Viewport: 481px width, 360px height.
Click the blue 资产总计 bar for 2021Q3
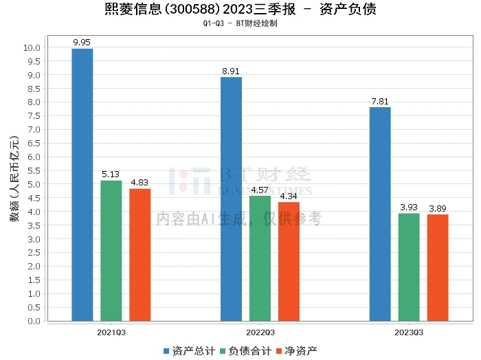[82, 185]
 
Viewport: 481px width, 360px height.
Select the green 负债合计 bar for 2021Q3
[111, 251]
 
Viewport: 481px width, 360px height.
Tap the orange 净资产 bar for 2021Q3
[140, 255]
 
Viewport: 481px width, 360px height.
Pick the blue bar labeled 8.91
[232, 199]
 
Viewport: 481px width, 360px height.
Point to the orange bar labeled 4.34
[289, 262]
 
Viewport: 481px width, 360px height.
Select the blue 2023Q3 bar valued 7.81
[380, 214]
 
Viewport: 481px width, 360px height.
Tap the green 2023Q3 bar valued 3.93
[409, 267]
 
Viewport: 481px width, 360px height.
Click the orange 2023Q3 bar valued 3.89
[438, 268]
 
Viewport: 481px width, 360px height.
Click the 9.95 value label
[82, 43]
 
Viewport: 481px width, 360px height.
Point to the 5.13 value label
[111, 175]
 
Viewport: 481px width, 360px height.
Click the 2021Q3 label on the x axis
[111, 331]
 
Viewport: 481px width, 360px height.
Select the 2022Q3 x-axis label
[260, 331]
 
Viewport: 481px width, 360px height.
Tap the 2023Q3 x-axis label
[409, 331]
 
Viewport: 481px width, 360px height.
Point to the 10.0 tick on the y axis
[32, 48]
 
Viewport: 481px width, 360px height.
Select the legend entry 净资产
[296, 350]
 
